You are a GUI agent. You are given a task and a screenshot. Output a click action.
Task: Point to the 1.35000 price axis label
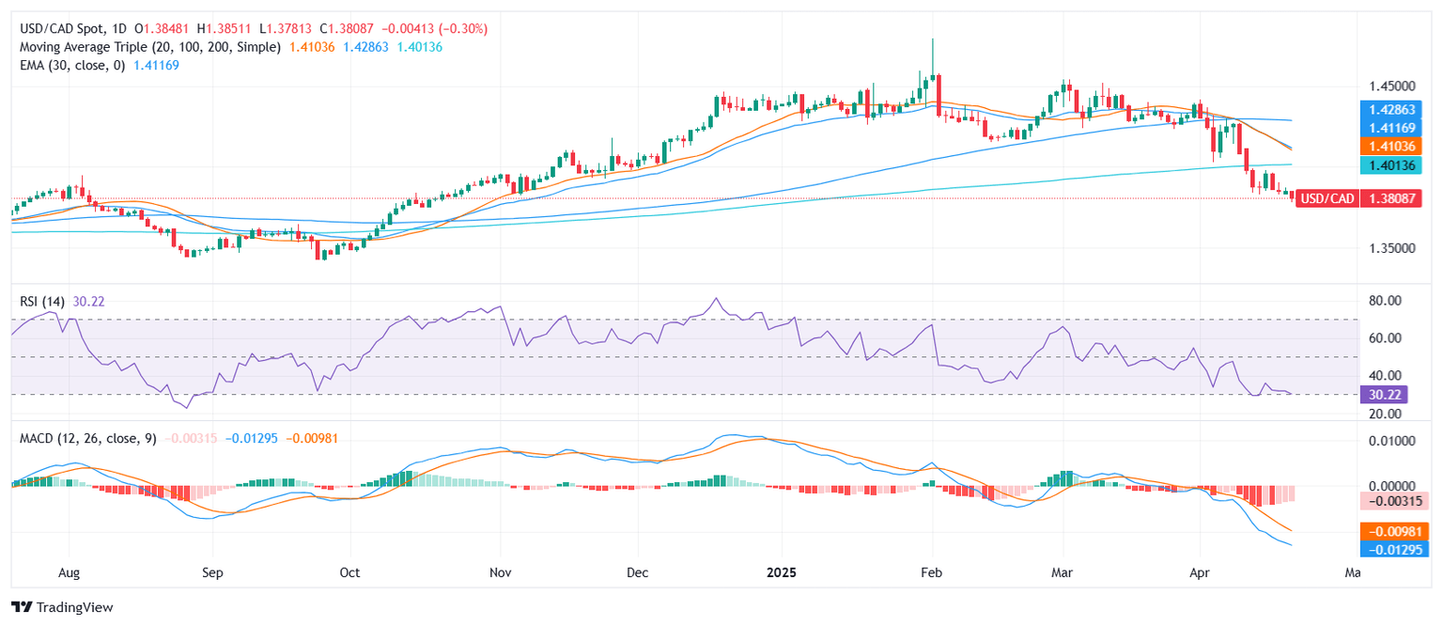tap(1387, 248)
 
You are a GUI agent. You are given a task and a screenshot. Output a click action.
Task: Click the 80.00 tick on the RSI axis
tap(1380, 301)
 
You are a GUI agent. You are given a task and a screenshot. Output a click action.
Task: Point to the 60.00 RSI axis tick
tap(1380, 338)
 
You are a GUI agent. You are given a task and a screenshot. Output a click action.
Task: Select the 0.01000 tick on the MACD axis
tap(1384, 440)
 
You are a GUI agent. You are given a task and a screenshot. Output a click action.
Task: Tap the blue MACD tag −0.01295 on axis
tap(1396, 548)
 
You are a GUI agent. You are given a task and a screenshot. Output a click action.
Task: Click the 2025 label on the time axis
tap(782, 571)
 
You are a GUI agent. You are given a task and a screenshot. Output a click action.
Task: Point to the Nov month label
tap(501, 571)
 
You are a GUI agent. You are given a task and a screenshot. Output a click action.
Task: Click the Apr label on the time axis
tap(1199, 571)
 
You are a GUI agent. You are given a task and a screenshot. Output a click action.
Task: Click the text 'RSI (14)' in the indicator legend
tap(43, 301)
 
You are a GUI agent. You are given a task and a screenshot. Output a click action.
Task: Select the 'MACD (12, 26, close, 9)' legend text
tap(88, 438)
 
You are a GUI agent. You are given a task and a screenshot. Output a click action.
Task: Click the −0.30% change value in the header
tap(465, 29)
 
